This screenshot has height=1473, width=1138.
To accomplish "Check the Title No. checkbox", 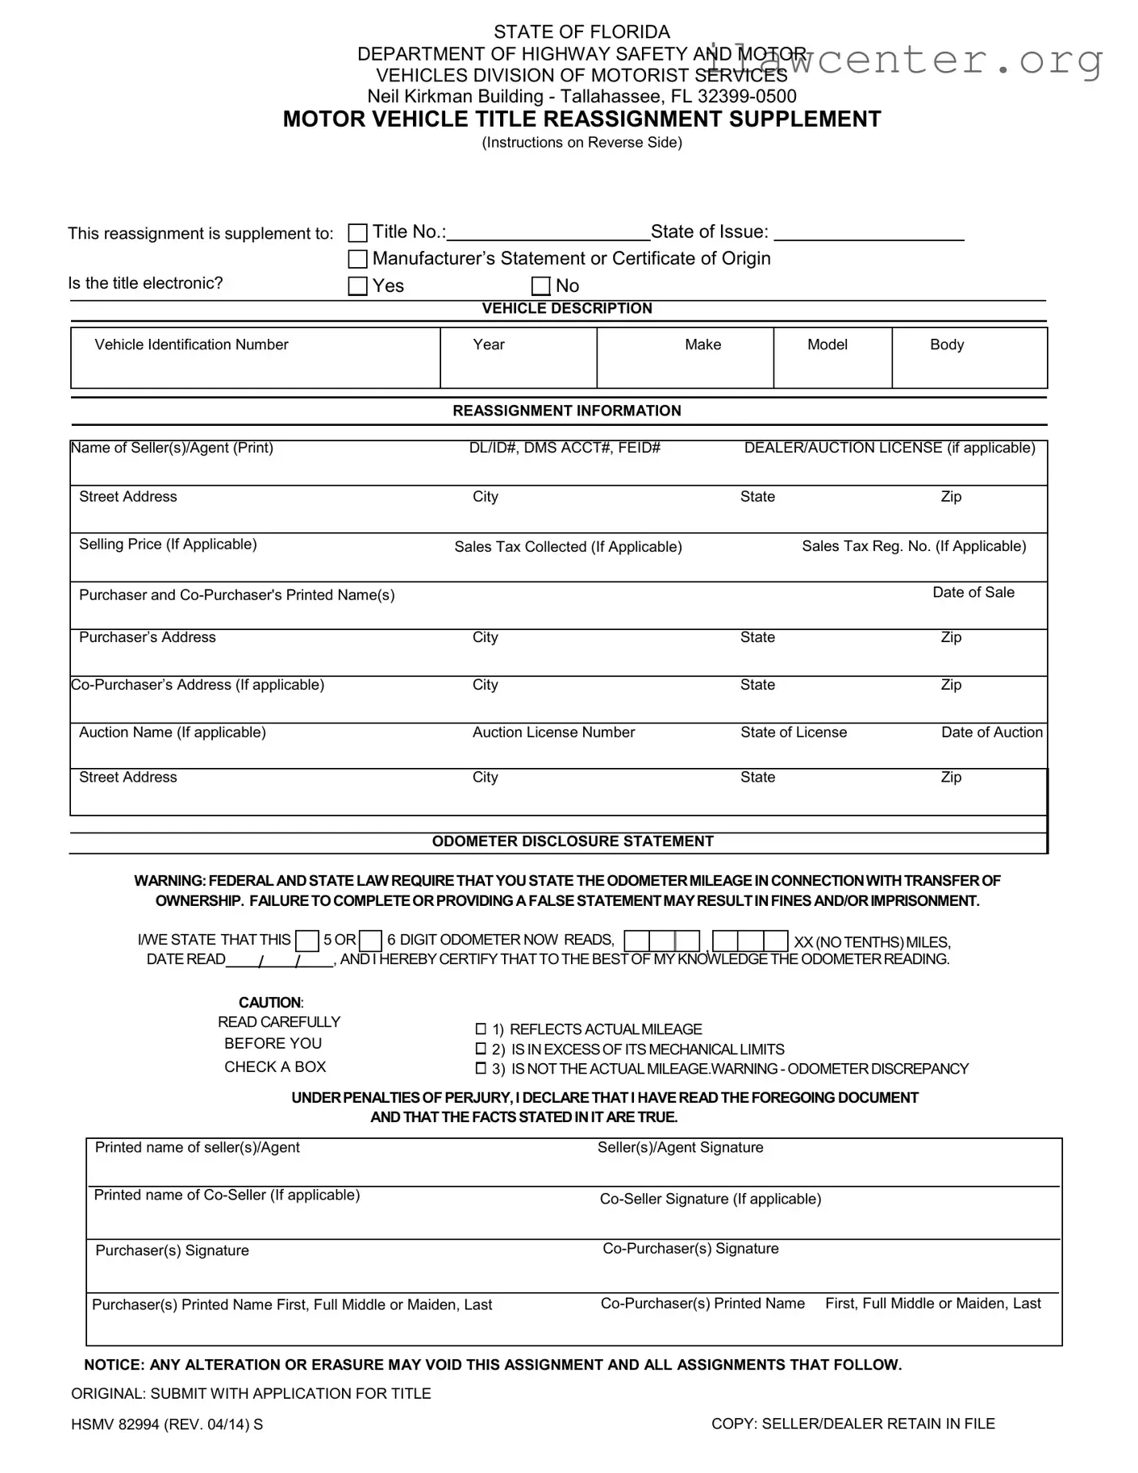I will pos(357,233).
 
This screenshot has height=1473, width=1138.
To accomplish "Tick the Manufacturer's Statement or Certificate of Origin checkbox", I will pos(357,259).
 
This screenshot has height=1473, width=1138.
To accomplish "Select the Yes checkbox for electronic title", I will pos(357,286).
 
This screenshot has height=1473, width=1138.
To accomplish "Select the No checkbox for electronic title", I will pos(541,286).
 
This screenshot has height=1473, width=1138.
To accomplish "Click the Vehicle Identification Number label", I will pos(191,344).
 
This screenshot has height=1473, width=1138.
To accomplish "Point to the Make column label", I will pos(702,344).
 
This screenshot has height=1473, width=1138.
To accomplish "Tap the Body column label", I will pos(946,344).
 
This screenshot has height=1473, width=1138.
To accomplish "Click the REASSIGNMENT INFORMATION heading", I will pos(566,411).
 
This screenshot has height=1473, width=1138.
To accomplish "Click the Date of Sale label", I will pos(973,592).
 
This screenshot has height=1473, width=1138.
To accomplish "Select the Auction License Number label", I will pos(553,732).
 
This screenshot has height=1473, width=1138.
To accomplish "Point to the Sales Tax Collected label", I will pos(568,547).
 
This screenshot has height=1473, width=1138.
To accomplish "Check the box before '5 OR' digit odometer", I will pos(307,941).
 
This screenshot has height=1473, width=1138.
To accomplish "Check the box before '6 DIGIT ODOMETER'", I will pos(370,941).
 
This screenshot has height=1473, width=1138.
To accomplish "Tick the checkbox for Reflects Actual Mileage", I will pos(481,1029).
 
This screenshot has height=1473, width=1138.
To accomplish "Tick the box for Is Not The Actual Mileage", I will pos(481,1069).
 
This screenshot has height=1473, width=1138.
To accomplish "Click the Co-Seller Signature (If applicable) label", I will pos(710,1199).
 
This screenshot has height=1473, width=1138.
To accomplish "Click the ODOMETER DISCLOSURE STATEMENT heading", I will pos(573,841).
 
